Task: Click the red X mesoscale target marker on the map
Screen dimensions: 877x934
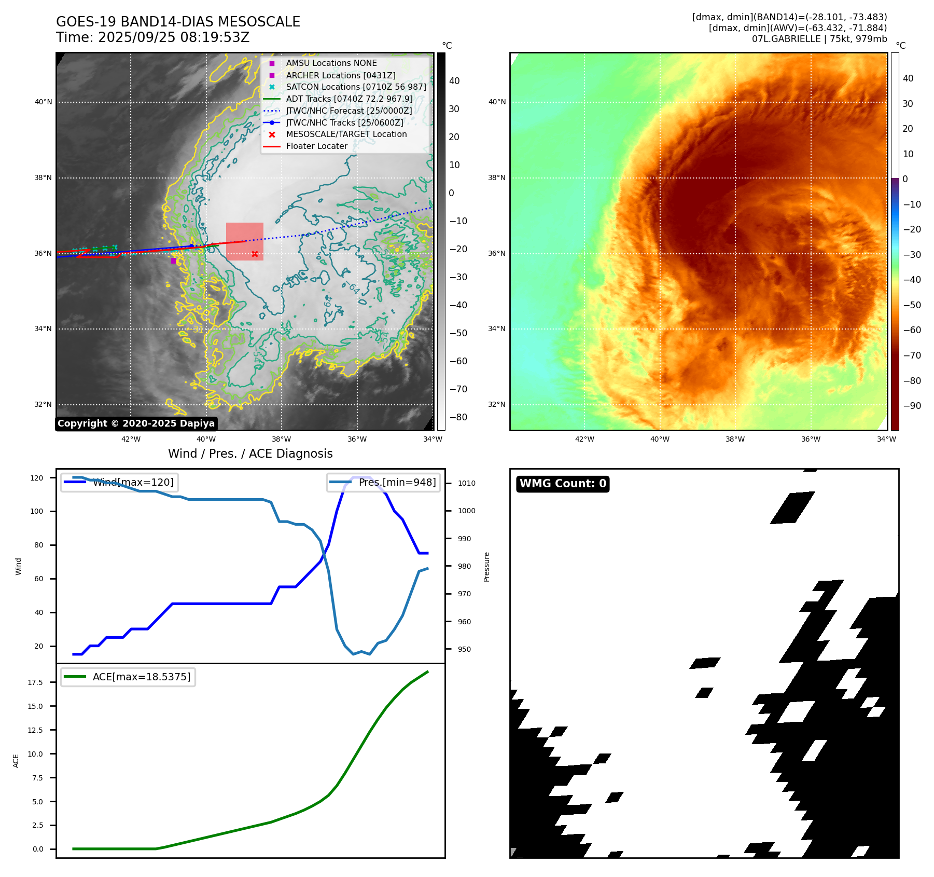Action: tap(255, 254)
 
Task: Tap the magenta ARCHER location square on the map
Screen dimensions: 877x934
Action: tap(173, 261)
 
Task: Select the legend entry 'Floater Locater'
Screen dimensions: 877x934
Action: tap(316, 146)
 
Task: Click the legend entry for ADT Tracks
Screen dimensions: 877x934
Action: tap(349, 99)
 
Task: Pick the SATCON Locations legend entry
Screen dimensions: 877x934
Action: tap(356, 87)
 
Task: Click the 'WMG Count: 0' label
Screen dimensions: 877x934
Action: tap(563, 484)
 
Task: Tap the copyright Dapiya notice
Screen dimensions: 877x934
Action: tap(136, 423)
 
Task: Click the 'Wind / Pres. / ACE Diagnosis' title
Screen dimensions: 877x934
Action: tap(250, 454)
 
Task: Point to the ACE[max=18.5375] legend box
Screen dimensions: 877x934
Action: tap(128, 677)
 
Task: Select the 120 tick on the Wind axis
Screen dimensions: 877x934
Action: tap(37, 478)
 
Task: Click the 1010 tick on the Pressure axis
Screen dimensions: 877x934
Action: tap(466, 483)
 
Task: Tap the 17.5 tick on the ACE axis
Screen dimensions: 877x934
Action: tap(35, 682)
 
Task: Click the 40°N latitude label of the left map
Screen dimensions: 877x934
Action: tap(44, 102)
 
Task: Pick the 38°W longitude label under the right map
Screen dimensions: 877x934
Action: tap(735, 440)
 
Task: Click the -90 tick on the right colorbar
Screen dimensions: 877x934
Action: tap(912, 406)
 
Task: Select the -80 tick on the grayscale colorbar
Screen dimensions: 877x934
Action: tap(458, 417)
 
